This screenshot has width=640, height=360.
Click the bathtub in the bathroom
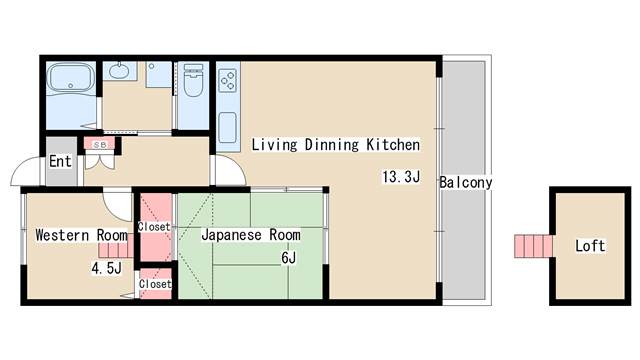pyautogui.click(x=71, y=78)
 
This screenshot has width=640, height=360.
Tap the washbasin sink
pyautogui.click(x=119, y=71)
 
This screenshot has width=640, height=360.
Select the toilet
pyautogui.click(x=193, y=80)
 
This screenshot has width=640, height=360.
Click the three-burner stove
pyautogui.click(x=228, y=80)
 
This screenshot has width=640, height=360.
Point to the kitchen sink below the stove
pyautogui.click(x=227, y=127)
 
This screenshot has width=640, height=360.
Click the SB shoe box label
pyautogui.click(x=100, y=145)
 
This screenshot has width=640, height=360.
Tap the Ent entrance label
pyautogui.click(x=60, y=161)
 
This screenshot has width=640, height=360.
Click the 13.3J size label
pyautogui.click(x=401, y=177)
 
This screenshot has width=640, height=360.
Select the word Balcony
pyautogui.click(x=466, y=182)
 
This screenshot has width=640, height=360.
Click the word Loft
pyautogui.click(x=590, y=246)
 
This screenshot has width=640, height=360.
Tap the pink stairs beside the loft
pyautogui.click(x=533, y=246)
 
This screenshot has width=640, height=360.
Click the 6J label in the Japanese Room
pyautogui.click(x=289, y=258)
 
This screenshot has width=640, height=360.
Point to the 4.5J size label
pyautogui.click(x=107, y=269)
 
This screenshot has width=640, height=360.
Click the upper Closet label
pyautogui.click(x=154, y=227)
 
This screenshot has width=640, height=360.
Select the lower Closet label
pyautogui.click(x=155, y=284)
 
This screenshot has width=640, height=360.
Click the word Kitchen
pyautogui.click(x=393, y=144)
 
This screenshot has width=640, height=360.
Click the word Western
pyautogui.click(x=62, y=235)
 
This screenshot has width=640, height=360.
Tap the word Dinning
pyautogui.click(x=332, y=145)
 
